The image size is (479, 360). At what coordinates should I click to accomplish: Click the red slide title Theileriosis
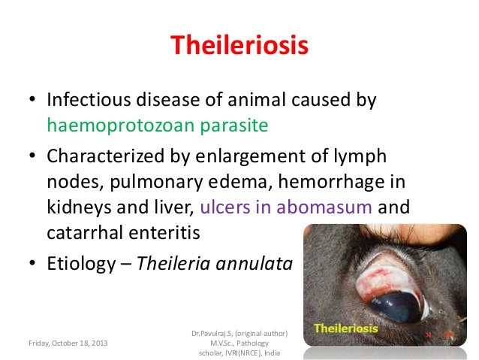coord(239,47)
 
